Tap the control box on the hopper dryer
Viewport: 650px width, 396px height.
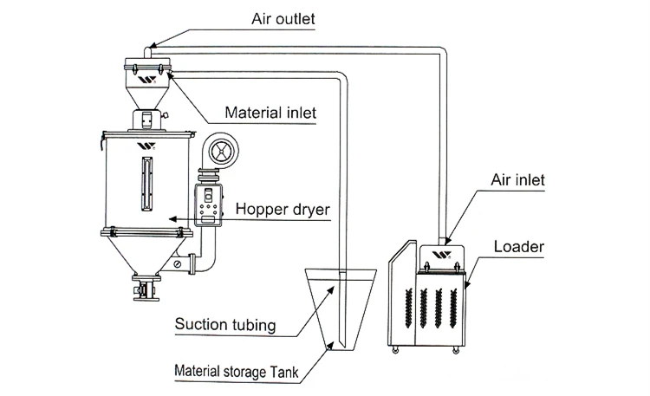[x=208, y=206]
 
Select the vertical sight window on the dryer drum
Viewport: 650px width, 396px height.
[x=144, y=181]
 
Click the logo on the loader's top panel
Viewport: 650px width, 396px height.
[x=439, y=256]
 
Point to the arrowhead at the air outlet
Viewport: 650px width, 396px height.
[x=145, y=42]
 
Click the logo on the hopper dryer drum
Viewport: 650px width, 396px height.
[x=144, y=146]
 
